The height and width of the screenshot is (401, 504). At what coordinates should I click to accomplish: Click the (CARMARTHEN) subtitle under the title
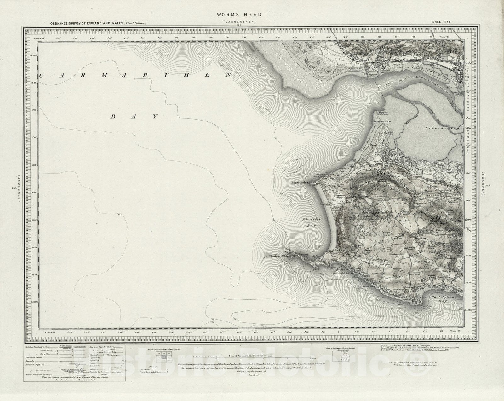[239, 21]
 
